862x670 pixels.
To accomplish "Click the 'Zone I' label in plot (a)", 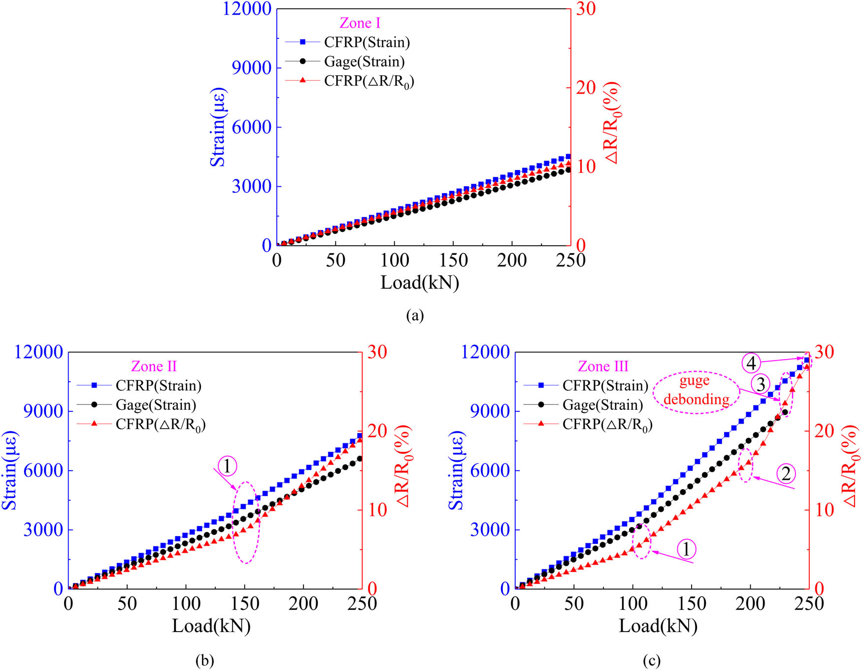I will coord(360,23).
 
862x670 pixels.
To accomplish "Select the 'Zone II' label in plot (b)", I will coord(154,367).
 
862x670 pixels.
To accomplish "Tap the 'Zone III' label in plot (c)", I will coord(603,367).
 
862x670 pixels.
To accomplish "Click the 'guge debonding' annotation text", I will coord(696,390).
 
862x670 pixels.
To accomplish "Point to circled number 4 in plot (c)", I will coord(751,363).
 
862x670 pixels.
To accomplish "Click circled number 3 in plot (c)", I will coord(761,384).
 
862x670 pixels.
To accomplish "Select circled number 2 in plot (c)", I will coord(786,473).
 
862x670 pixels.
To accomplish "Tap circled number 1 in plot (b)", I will coord(227,466).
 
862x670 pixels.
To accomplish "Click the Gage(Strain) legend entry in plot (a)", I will coord(364,62).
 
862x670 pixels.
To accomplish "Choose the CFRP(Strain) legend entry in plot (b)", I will coord(158,385).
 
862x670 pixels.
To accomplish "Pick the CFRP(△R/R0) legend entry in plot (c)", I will coord(607,424).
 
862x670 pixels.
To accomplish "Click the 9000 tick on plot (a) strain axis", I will coord(252,68).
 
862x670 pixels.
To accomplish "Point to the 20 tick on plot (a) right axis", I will coord(586,88).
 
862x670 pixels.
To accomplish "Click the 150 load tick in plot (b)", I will coord(244,603).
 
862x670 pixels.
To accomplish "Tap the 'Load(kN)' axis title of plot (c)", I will coord(658,626).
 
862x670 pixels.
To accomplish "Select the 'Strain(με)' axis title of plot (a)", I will coord(218,127).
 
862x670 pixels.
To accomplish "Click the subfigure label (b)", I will coord(205,660).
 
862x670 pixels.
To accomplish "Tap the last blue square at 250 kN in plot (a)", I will coord(568,156).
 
